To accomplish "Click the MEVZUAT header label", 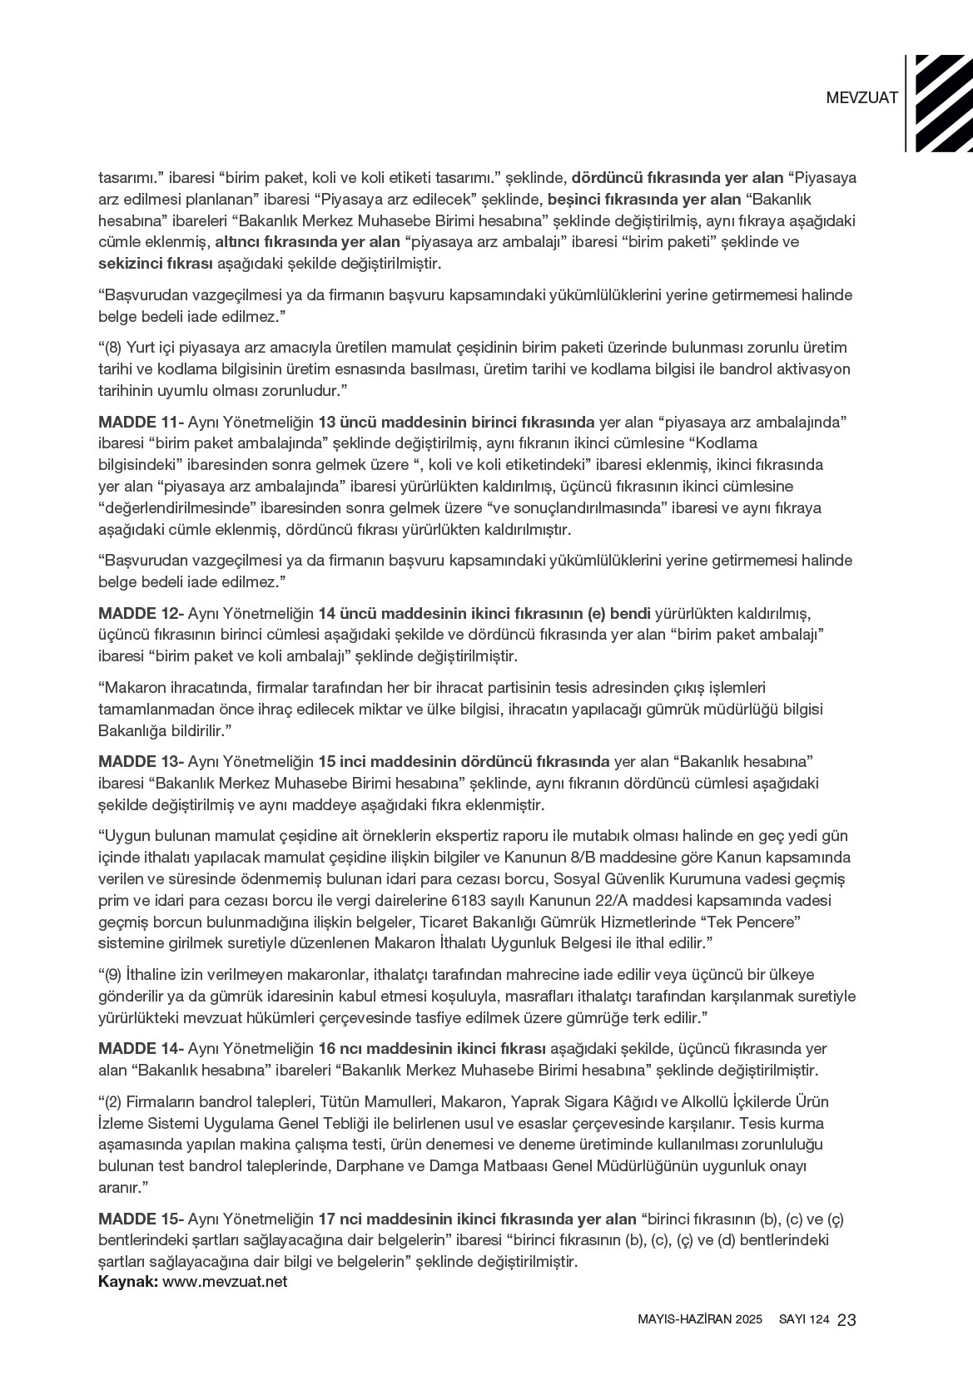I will click(861, 97).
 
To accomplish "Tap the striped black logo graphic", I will click(944, 103).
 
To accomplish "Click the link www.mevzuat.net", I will click(225, 1282).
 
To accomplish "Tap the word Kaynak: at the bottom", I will click(128, 1282).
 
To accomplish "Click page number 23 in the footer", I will click(847, 1320).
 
